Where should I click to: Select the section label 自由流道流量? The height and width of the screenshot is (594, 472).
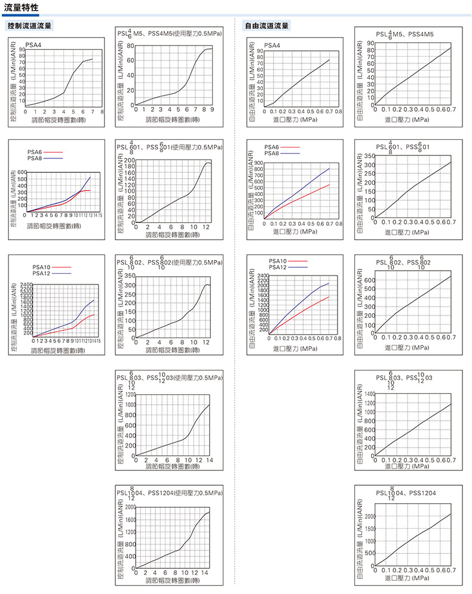(267, 26)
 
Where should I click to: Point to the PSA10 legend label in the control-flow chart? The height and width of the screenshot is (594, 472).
(42, 268)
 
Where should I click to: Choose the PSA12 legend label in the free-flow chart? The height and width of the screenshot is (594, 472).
(278, 267)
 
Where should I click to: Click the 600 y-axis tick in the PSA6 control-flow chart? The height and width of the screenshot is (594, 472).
(22, 173)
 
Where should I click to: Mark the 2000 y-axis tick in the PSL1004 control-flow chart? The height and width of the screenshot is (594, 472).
(129, 507)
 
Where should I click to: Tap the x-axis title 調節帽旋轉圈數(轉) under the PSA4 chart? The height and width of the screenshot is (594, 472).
(57, 120)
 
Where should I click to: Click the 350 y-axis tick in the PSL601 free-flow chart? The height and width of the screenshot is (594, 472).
(367, 157)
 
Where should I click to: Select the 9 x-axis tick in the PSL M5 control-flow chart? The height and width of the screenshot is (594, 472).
(212, 109)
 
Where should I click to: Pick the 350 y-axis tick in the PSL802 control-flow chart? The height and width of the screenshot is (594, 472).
(130, 277)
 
